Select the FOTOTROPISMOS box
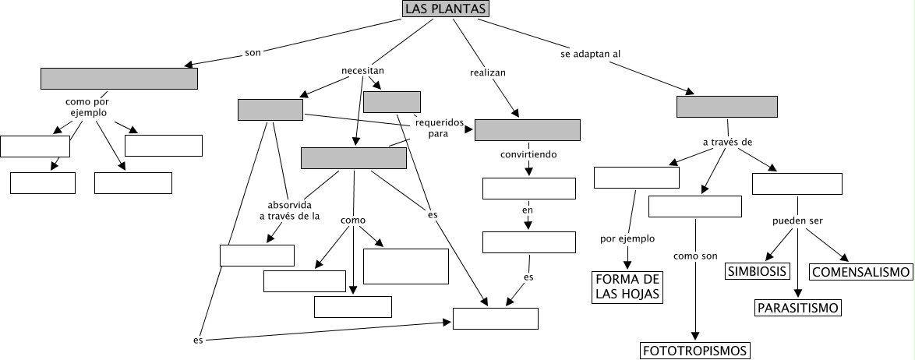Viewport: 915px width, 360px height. click(695, 351)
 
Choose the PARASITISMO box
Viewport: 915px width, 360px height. click(798, 308)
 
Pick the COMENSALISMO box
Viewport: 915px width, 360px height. click(861, 272)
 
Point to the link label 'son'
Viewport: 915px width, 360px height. click(253, 53)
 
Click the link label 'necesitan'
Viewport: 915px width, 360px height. click(362, 71)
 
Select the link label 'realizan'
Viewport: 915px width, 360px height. click(488, 72)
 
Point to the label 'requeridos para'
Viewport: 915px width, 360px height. click(439, 128)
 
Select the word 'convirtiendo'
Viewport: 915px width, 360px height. click(528, 154)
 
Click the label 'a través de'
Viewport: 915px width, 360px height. click(726, 143)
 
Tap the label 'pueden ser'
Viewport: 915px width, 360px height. click(797, 221)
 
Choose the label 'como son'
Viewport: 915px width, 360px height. click(694, 256)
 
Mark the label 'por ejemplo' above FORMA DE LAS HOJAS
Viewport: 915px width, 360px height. click(627, 238)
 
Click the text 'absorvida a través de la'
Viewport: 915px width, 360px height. click(289, 211)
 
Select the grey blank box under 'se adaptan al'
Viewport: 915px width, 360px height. click(726, 106)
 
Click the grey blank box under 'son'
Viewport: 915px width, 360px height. click(118, 79)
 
